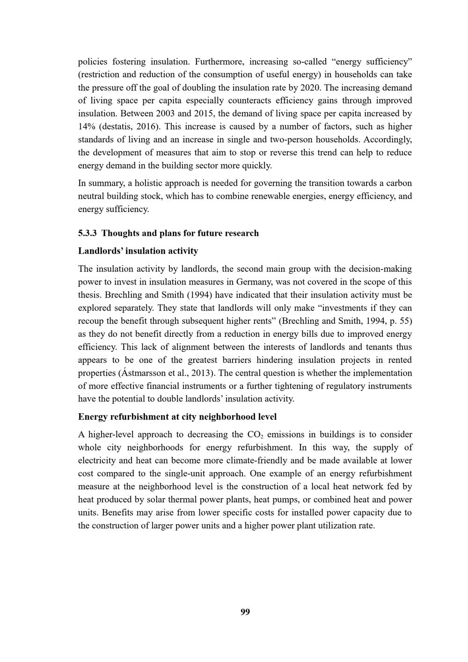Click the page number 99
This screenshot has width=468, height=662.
click(245, 612)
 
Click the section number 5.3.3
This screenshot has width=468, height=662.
click(88, 233)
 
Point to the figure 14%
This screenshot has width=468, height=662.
click(86, 126)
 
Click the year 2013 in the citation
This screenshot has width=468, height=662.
click(204, 373)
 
